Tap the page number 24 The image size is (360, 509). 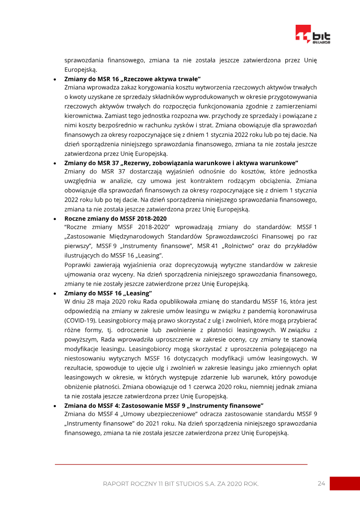(x=321, y=483)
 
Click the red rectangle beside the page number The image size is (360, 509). (x=345, y=483)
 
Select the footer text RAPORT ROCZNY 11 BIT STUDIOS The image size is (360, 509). (x=180, y=484)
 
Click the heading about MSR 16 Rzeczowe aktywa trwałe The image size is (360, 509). (x=132, y=78)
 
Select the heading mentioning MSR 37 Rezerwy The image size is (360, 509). (x=181, y=162)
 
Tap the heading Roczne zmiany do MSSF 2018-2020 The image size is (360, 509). (x=116, y=218)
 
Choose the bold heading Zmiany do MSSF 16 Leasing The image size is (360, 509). (x=108, y=293)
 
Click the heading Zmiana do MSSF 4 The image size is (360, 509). (x=164, y=405)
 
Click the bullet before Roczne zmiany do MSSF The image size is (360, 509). (x=55, y=219)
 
